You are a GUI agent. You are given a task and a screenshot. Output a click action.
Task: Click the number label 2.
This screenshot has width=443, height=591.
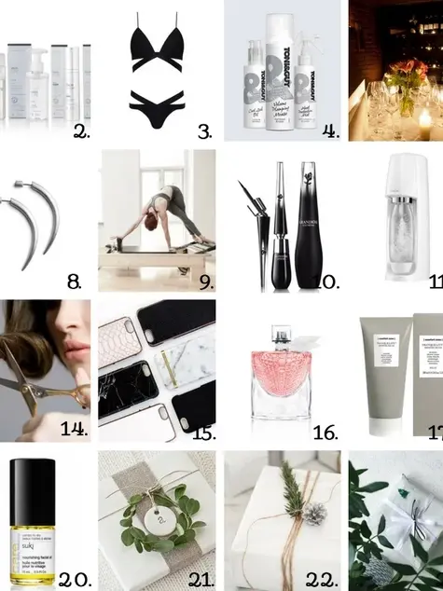(x=79, y=131)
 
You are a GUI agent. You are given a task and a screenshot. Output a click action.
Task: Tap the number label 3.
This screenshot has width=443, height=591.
(x=205, y=131)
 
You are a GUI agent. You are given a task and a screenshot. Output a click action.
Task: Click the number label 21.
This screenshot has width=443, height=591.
(x=201, y=579)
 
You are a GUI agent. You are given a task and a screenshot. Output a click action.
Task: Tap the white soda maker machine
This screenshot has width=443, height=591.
(x=412, y=219)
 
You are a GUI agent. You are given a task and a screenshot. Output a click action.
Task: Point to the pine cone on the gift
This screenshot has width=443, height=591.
(x=315, y=512)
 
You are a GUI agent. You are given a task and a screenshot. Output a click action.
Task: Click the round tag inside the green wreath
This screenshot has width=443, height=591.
(x=159, y=509)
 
